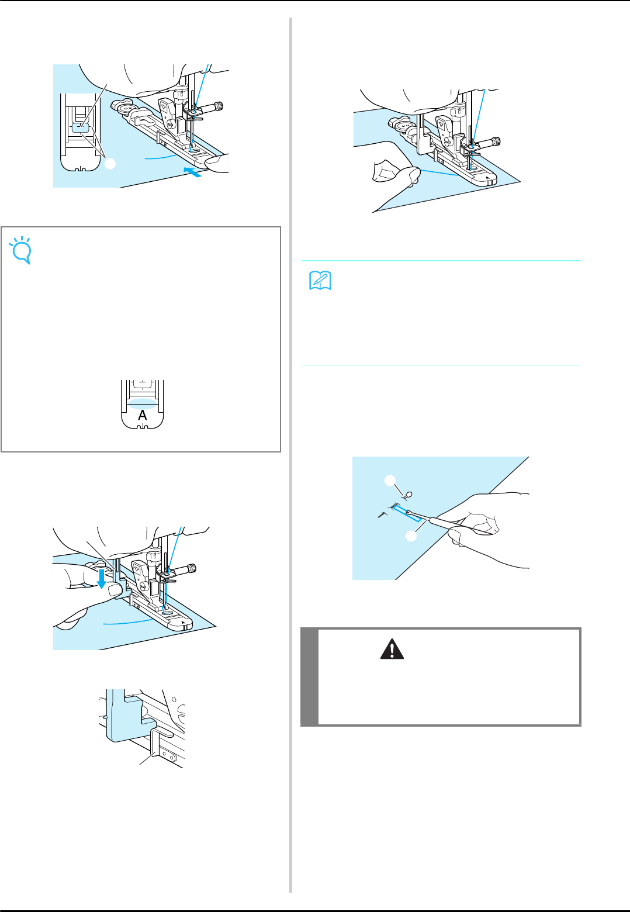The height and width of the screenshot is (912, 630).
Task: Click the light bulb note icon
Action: [21, 250]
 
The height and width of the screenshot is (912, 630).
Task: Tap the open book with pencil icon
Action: [320, 280]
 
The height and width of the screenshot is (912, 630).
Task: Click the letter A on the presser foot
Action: [143, 415]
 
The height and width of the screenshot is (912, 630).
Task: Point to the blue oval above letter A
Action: [143, 403]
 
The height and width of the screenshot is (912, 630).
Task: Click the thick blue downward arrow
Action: [102, 579]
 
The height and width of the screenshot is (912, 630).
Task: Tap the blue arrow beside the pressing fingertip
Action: [192, 172]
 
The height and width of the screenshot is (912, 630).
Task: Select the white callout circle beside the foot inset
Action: [110, 164]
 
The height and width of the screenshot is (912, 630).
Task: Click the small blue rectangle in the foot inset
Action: [81, 128]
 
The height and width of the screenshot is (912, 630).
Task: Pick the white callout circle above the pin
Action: [390, 481]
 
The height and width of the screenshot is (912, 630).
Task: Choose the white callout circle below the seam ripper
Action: [411, 536]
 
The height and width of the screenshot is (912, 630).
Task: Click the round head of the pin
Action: [410, 494]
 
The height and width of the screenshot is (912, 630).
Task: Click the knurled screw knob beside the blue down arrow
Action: [192, 568]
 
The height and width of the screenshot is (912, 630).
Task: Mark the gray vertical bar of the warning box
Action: [309, 676]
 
